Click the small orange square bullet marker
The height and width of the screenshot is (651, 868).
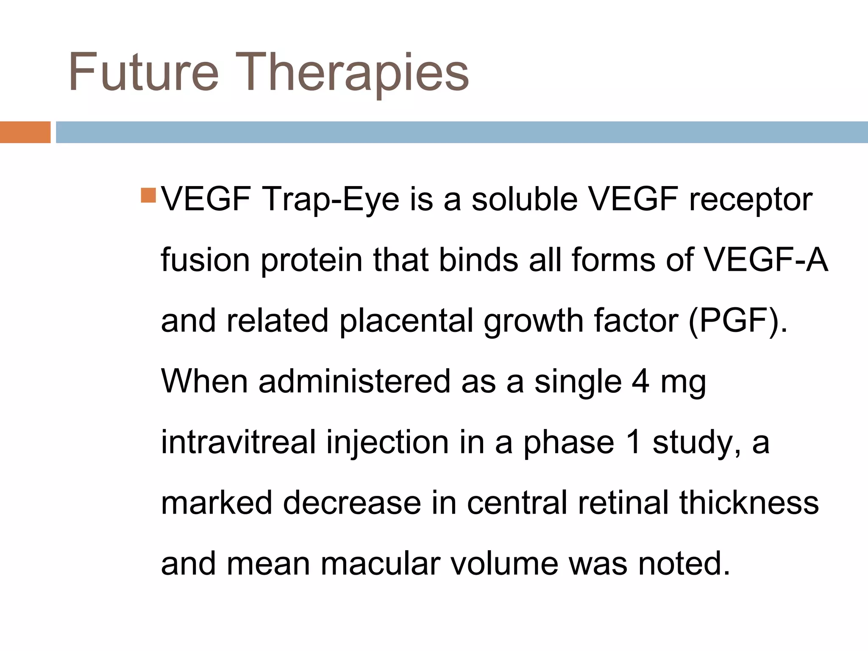click(148, 195)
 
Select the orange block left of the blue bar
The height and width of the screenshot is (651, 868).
click(25, 132)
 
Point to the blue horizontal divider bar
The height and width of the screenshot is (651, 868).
click(461, 132)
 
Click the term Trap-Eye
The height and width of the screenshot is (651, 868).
click(331, 199)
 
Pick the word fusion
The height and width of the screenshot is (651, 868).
click(205, 259)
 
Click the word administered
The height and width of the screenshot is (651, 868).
click(354, 381)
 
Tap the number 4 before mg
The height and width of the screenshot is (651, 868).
click(640, 381)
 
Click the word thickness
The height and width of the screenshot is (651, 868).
click(749, 503)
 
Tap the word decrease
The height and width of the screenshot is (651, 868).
click(352, 503)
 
